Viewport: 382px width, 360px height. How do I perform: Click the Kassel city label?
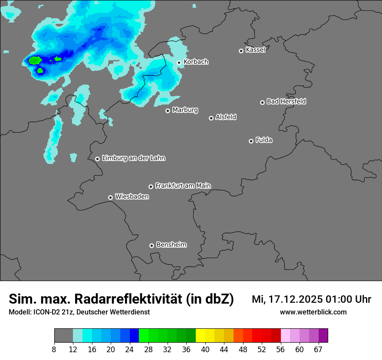[255, 50]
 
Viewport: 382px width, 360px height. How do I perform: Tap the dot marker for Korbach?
[179, 62]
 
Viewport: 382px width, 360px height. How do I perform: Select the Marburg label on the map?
[185, 110]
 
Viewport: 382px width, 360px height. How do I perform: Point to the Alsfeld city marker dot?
[211, 118]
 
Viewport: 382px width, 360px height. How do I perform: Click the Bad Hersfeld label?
[286, 101]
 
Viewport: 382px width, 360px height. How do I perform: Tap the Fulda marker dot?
[251, 141]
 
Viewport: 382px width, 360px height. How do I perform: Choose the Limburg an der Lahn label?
[133, 158]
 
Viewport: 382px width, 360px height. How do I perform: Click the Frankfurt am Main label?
[183, 186]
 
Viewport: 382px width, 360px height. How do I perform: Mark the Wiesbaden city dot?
[110, 197]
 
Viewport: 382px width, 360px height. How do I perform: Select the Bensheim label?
[171, 245]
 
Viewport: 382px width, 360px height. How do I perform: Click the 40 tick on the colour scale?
[205, 350]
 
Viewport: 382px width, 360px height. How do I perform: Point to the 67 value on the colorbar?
[318, 350]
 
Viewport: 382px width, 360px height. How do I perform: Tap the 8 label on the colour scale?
[54, 350]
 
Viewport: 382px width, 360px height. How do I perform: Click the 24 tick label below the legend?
[129, 350]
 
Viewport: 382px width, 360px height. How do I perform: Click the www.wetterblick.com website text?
[313, 312]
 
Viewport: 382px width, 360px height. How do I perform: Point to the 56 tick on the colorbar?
[280, 350]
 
